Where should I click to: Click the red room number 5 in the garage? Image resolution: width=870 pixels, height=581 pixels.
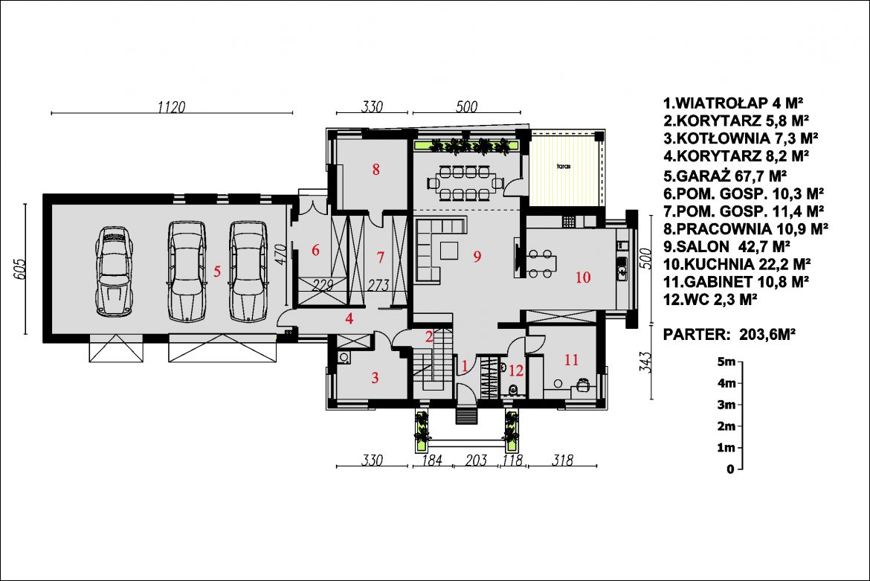217,271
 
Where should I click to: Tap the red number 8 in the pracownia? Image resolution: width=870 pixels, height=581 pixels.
376,169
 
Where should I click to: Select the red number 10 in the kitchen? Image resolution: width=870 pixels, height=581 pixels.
582,277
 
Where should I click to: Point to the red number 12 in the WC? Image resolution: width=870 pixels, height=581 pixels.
516,370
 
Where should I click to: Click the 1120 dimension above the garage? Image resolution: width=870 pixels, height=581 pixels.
172,106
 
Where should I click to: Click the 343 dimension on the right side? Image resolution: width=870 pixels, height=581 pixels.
645,362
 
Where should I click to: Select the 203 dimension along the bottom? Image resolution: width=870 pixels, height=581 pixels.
476,460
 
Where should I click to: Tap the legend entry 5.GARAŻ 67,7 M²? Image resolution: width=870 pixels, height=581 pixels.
725,176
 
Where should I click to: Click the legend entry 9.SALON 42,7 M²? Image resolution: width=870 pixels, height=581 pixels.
726,245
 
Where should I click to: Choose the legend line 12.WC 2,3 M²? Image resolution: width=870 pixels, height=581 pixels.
710,299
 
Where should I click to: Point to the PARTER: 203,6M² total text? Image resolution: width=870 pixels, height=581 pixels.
729,335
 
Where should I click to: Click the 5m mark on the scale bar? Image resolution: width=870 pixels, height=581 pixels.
726,362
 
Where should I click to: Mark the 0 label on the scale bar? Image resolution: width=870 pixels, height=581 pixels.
730,469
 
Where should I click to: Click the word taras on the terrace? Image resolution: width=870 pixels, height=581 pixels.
564,166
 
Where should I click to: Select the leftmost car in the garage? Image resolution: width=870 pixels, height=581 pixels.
115,271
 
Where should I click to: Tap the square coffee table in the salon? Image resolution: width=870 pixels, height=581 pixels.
450,250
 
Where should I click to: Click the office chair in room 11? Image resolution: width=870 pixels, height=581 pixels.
582,385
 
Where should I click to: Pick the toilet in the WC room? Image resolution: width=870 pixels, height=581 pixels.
513,391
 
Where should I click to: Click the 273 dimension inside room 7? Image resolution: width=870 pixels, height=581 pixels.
378,285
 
